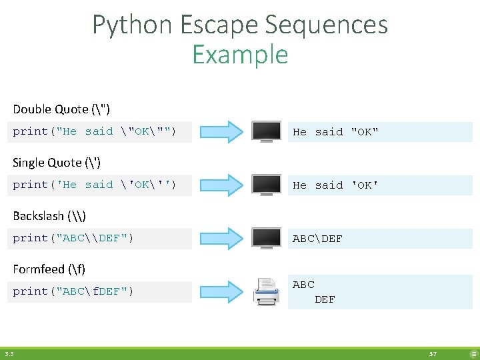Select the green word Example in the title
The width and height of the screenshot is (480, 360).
click(x=240, y=55)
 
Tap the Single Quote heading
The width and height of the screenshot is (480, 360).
click(x=57, y=163)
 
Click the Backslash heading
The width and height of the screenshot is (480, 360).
click(x=49, y=216)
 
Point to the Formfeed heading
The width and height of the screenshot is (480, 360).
click(x=49, y=269)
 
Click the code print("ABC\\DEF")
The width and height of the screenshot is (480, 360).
click(x=73, y=238)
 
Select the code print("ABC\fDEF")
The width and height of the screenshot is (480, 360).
click(x=73, y=291)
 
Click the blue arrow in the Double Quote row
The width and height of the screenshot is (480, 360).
click(x=223, y=131)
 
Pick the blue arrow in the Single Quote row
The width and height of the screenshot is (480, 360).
click(x=223, y=185)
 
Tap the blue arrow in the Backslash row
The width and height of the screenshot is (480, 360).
click(x=223, y=238)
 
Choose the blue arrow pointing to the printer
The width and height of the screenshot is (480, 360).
click(x=223, y=291)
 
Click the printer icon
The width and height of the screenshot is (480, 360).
click(x=266, y=291)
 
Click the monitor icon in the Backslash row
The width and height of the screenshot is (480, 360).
click(x=266, y=238)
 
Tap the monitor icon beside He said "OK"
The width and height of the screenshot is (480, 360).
click(x=266, y=131)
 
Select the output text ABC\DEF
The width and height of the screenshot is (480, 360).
click(x=318, y=239)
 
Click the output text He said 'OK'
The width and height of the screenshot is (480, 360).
click(x=335, y=185)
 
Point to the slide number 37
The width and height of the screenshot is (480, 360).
click(x=433, y=354)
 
